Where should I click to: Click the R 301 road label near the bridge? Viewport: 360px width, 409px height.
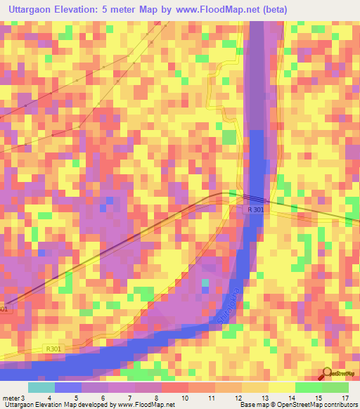tap(256, 209)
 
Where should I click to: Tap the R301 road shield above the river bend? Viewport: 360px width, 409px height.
tap(53, 349)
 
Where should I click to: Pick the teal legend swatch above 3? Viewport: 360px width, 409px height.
tap(41, 387)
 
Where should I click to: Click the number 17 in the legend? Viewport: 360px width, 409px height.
tap(344, 398)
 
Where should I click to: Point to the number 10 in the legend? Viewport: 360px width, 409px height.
tap(184, 398)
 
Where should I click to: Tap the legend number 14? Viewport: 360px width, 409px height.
tap(290, 398)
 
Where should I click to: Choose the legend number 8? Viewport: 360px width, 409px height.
tap(157, 398)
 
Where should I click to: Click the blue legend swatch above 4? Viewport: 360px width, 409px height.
tap(68, 387)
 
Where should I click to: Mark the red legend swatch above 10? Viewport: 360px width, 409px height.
tap(175, 387)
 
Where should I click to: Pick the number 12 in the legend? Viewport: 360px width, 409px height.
tap(238, 398)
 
